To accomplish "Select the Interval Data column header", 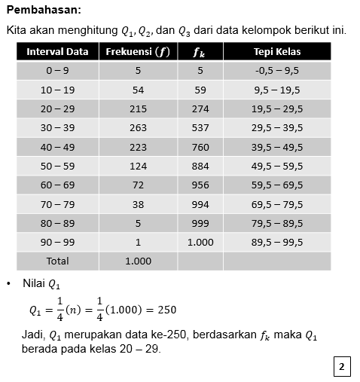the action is pyautogui.click(x=57, y=52).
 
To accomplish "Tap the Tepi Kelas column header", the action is pyautogui.click(x=277, y=52).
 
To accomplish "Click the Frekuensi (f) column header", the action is pyautogui.click(x=138, y=52).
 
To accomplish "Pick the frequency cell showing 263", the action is pyautogui.click(x=138, y=128).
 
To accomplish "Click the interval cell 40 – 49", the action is pyautogui.click(x=57, y=147).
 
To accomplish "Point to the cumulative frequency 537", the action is pyautogui.click(x=200, y=128).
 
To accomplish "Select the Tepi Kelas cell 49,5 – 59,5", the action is pyautogui.click(x=277, y=166).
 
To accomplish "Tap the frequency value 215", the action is pyautogui.click(x=138, y=109).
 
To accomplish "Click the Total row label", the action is pyautogui.click(x=57, y=261).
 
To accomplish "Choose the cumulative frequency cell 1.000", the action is pyautogui.click(x=200, y=242).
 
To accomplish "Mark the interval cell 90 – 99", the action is pyautogui.click(x=57, y=242).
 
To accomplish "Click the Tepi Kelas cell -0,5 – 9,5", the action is pyautogui.click(x=277, y=71).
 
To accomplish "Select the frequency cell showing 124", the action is pyautogui.click(x=138, y=166).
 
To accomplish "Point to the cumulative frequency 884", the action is pyautogui.click(x=200, y=166).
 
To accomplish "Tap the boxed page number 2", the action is pyautogui.click(x=341, y=367).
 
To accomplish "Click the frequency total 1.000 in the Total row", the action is pyautogui.click(x=138, y=261).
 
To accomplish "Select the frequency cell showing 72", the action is pyautogui.click(x=138, y=185).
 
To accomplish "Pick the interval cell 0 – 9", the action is pyautogui.click(x=57, y=71).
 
